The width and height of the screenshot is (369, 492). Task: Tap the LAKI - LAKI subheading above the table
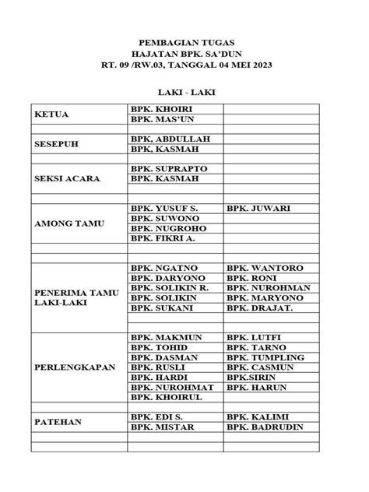point(184,93)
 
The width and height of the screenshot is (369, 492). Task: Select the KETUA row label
point(51,114)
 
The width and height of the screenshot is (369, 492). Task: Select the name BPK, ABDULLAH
point(170,139)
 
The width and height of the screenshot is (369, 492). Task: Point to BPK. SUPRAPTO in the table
point(169,168)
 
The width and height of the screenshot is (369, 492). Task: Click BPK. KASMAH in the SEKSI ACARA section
point(164,178)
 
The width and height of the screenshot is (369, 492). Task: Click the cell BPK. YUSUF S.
point(164,209)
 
